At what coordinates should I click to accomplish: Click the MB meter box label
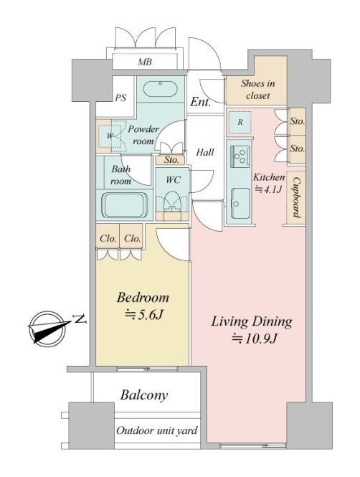pos(145,62)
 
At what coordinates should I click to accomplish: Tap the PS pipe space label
pos(120,98)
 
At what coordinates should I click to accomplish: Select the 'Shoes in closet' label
pos(258,89)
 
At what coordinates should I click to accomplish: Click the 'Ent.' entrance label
pos(200,102)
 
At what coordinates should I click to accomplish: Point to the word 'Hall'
pos(205,152)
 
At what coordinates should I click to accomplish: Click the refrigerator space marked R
pos(240,122)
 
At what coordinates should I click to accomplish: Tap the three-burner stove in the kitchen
pos(240,156)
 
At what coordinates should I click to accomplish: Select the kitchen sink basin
pos(240,203)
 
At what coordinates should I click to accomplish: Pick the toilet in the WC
pos(172,201)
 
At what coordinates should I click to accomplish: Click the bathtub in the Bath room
pos(124,204)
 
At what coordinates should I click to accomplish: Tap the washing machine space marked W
pos(109,136)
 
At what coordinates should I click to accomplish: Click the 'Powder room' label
pos(143,135)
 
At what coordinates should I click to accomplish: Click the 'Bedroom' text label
pos(143,297)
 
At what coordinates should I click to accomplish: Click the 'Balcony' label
pos(144,395)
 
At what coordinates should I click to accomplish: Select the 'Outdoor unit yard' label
pos(157,431)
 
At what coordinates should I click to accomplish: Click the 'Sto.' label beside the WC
pos(171,160)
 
